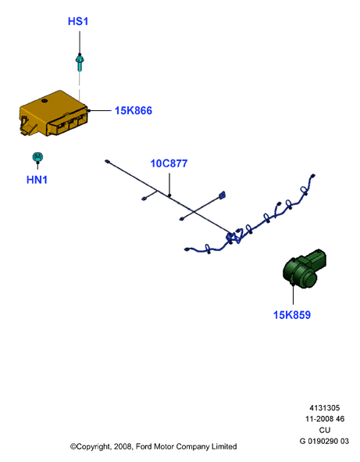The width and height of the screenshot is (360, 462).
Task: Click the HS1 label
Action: [x=78, y=22]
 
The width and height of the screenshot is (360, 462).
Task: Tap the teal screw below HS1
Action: [x=80, y=63]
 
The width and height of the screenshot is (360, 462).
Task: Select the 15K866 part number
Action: [x=134, y=111]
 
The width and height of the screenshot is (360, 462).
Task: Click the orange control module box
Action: [x=54, y=113]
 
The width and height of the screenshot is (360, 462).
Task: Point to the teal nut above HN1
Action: [x=37, y=157]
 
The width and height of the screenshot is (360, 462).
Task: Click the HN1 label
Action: [x=37, y=180]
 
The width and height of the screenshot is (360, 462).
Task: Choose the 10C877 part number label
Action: [x=169, y=163]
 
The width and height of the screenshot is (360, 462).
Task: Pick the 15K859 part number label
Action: [x=292, y=315]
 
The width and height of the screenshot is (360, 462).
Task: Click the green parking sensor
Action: [x=304, y=268]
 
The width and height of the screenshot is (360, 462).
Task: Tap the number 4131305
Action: [x=324, y=408]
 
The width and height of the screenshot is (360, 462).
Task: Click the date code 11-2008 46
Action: [x=325, y=419]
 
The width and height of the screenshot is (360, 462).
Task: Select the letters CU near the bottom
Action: [x=325, y=430]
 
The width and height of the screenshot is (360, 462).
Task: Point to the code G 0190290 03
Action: [x=324, y=441]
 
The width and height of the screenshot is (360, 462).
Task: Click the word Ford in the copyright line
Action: [x=144, y=446]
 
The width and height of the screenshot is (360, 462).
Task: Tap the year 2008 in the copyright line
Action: [x=123, y=446]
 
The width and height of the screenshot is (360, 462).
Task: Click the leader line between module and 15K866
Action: [x=100, y=111]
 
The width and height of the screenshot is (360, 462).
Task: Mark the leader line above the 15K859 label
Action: [x=293, y=294]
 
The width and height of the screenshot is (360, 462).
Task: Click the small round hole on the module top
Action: [x=45, y=101]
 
